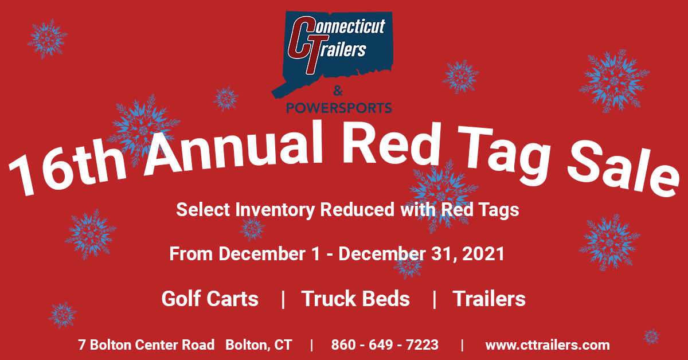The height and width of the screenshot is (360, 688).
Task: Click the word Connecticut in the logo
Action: [x=345, y=27]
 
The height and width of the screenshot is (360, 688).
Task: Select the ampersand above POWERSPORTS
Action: [x=338, y=91]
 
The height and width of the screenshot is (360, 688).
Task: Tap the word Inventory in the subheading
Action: [x=275, y=210]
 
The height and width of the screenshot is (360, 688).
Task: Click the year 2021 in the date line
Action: [x=482, y=253]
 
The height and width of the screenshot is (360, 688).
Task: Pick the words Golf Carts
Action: [x=210, y=299]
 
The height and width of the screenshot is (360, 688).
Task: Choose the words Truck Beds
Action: [x=355, y=299]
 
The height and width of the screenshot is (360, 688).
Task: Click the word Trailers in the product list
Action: [x=489, y=299]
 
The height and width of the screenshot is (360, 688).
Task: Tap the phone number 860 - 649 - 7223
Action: [x=385, y=345]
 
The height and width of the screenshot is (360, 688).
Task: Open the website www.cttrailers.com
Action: [x=548, y=345]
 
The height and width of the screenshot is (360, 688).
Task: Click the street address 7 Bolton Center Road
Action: [x=146, y=345]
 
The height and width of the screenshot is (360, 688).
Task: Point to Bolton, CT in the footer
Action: [x=259, y=345]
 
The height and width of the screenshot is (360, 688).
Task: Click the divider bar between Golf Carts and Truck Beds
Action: [x=283, y=299]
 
